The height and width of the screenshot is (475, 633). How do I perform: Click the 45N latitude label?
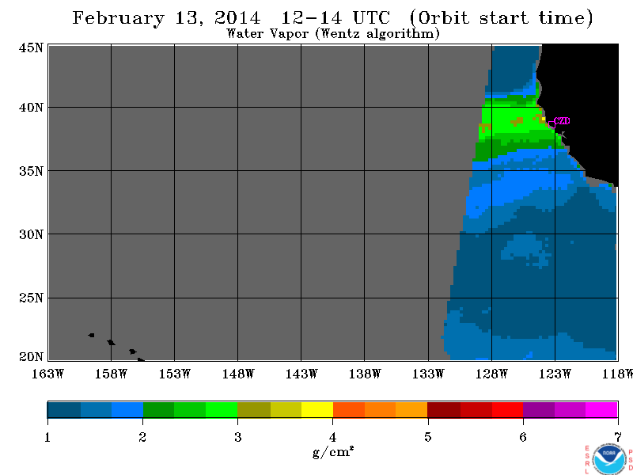click(31, 47)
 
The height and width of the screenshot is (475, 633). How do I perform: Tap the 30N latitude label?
click(31, 234)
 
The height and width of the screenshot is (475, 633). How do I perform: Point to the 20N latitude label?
click(31, 357)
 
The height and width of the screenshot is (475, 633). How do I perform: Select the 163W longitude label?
click(47, 374)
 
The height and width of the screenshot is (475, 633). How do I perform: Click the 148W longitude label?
click(238, 374)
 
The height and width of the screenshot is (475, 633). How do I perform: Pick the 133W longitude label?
click(428, 374)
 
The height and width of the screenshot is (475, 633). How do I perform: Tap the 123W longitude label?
click(555, 374)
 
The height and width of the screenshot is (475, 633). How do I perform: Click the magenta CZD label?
click(562, 121)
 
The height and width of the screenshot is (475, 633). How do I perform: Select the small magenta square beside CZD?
click(552, 125)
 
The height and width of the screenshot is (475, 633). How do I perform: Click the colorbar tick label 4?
click(332, 437)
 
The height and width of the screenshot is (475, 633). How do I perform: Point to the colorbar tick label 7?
click(618, 437)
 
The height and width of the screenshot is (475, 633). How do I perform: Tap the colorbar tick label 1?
click(47, 437)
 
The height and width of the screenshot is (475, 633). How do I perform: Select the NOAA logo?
click(609, 460)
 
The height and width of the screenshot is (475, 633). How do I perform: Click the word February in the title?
click(118, 18)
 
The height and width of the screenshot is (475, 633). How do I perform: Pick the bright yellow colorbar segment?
click(317, 409)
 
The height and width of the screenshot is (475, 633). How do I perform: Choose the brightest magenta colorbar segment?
click(601, 409)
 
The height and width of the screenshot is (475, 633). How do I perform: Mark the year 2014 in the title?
click(237, 18)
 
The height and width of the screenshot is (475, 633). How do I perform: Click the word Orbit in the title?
click(442, 18)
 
